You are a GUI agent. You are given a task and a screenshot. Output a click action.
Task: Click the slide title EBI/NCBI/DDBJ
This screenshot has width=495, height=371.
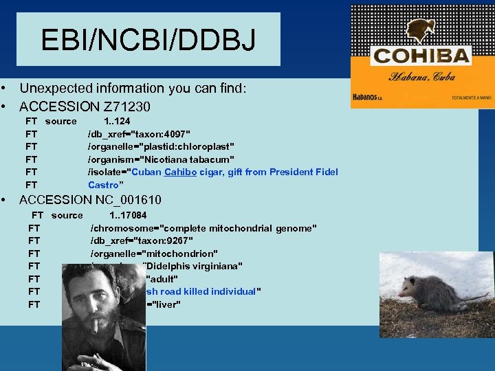click(148, 39)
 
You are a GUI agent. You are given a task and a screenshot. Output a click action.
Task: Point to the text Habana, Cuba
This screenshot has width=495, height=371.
click(421, 76)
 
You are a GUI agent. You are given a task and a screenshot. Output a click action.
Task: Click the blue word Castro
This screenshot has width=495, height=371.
click(103, 185)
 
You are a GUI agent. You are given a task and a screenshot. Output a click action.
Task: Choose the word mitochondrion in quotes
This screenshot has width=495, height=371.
click(184, 253)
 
